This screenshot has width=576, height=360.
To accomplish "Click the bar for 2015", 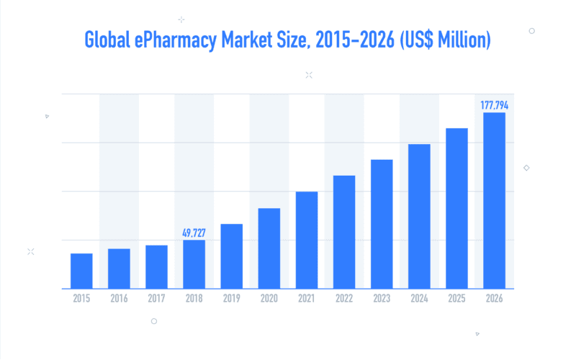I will (81, 271).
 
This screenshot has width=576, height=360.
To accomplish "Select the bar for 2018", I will (194, 264).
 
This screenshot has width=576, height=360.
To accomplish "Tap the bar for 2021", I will (307, 240).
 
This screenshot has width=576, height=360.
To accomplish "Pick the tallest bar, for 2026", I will (494, 200).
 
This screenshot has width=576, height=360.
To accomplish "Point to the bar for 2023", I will (382, 224).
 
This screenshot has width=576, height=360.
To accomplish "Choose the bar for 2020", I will (269, 248).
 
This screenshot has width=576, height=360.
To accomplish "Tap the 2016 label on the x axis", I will (119, 299).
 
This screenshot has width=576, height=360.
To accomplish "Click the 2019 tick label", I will (231, 299).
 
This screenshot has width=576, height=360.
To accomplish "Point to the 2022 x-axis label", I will (344, 299).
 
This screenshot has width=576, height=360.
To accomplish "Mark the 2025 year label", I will (456, 299).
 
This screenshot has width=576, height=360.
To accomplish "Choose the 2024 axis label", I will (419, 299).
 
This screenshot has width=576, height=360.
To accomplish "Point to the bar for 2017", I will (156, 267).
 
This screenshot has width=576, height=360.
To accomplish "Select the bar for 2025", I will (456, 208).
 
